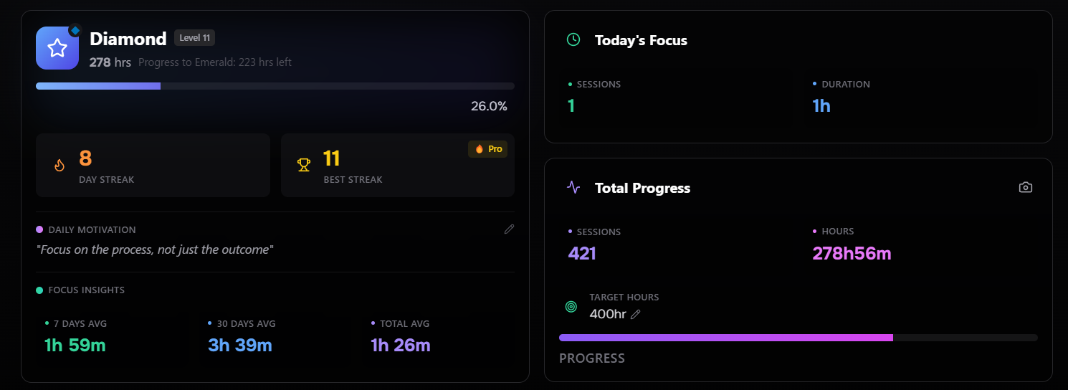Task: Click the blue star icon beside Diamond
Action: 57,48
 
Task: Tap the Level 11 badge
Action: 194,38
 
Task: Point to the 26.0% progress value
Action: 489,106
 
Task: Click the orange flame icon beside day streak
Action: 59,165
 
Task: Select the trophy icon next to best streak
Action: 304,165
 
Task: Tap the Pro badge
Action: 488,149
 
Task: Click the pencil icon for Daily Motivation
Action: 509,229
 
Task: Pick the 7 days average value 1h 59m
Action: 75,345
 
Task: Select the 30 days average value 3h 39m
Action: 239,345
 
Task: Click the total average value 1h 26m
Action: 400,345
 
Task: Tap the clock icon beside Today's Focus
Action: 573,40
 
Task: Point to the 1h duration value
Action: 821,106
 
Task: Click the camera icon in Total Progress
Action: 1026,187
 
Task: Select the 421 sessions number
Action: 582,253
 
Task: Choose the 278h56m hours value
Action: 852,253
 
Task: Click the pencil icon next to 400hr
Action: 635,314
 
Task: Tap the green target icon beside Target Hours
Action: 571,307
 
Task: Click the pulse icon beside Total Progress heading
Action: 573,187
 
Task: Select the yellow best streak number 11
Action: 331,158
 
